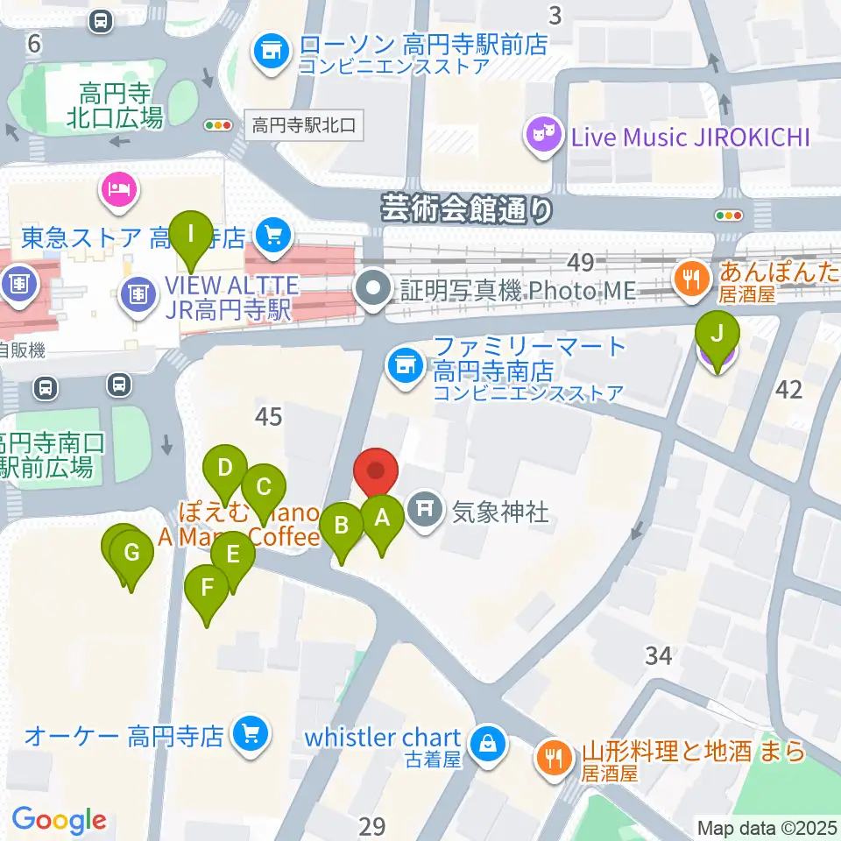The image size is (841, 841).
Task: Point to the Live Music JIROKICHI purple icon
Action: tap(543, 136)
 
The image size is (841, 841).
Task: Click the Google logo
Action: tap(59, 819)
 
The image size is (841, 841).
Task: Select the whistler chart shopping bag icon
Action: tap(486, 744)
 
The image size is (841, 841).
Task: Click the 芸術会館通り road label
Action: tap(468, 208)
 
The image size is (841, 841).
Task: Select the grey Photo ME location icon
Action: tap(376, 289)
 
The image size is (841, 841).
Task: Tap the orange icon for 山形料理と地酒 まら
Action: tap(553, 755)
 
